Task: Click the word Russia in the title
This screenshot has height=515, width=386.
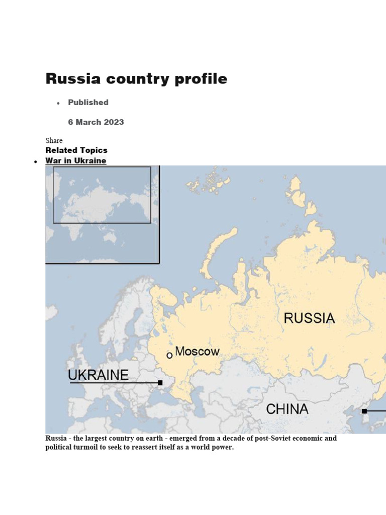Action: [73, 79]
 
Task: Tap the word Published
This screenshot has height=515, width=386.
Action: [88, 102]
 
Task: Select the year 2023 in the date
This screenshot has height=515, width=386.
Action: [113, 122]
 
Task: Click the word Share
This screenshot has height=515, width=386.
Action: [54, 140]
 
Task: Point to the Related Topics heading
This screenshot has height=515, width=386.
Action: [76, 150]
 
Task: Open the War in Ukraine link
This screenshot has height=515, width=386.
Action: [75, 160]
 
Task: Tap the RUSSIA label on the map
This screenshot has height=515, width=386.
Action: [309, 318]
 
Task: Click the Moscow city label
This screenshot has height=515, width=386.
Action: [197, 351]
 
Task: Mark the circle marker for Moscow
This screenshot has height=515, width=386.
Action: [169, 355]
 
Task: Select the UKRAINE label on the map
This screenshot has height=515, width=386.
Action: [99, 375]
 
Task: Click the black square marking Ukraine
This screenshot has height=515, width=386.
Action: [160, 383]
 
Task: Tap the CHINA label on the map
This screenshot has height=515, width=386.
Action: [287, 409]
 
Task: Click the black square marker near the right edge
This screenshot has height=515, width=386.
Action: [364, 411]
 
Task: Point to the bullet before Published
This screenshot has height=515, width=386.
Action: [58, 103]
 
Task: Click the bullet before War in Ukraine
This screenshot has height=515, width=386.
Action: [36, 161]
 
